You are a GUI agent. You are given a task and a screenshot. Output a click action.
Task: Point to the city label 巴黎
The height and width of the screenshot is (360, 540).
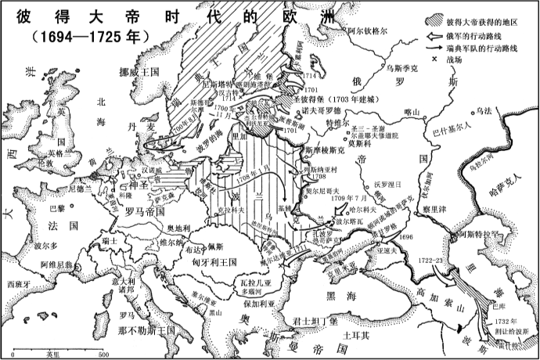pos(57,209)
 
